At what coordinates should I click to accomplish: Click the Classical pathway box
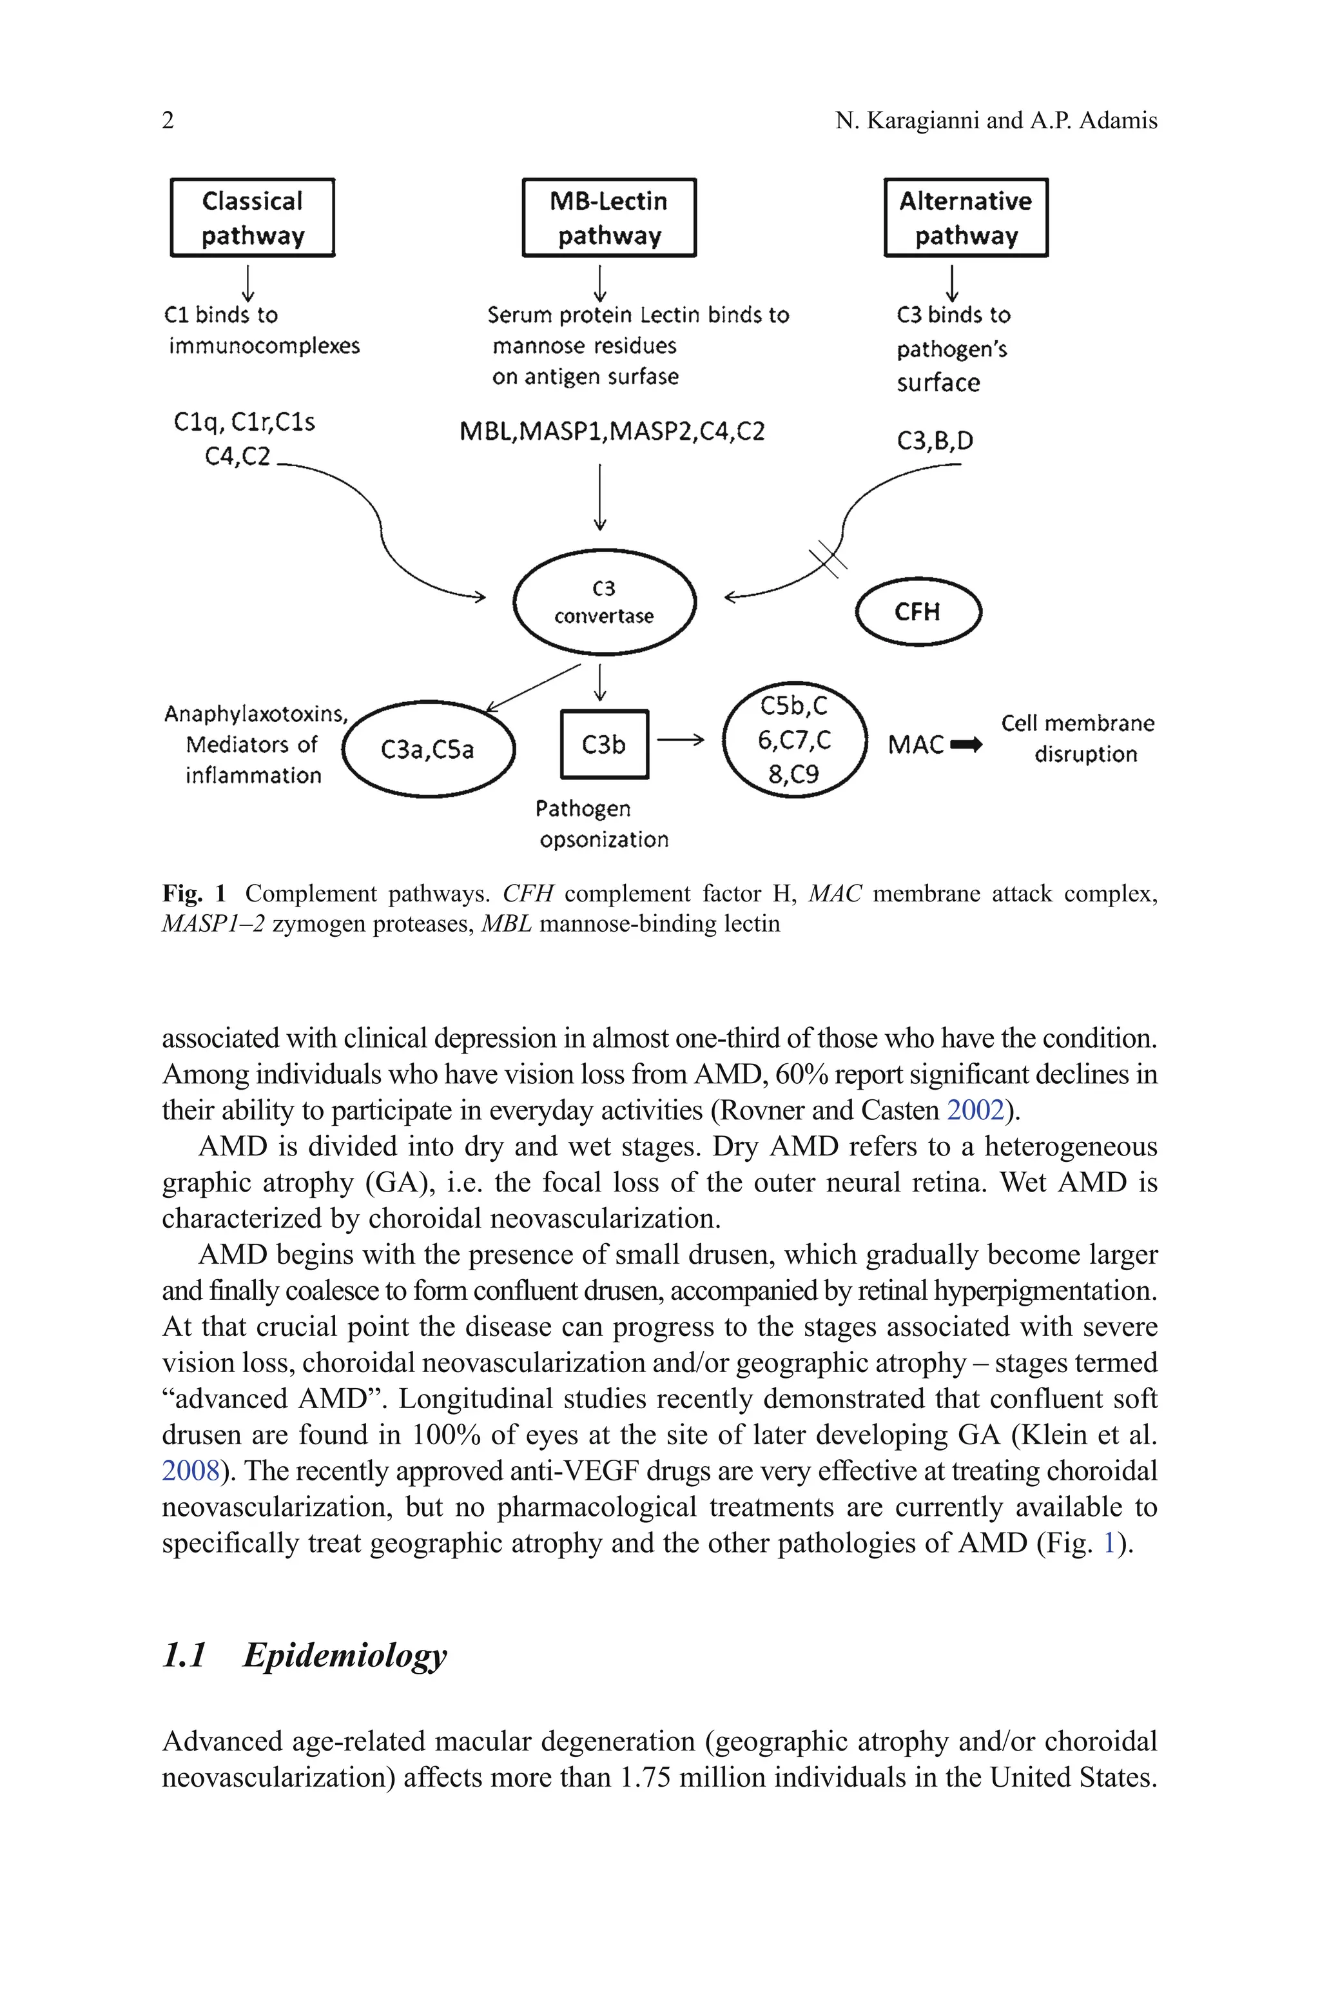tap(253, 217)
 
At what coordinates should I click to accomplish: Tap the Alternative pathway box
tap(966, 217)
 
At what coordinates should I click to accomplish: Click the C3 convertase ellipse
tap(605, 602)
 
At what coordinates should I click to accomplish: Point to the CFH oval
tap(918, 611)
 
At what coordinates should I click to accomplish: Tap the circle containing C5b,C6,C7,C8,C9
tap(794, 740)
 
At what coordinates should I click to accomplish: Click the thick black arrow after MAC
tap(966, 744)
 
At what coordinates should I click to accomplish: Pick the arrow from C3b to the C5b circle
tap(679, 740)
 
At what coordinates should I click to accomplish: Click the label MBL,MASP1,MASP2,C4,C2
tap(612, 432)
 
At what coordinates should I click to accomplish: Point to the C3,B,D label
tap(935, 440)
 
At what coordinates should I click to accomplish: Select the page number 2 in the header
tap(168, 121)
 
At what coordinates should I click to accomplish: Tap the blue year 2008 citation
tap(190, 1470)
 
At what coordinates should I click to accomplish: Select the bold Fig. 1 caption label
tap(193, 892)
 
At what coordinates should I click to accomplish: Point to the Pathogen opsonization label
tap(603, 823)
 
